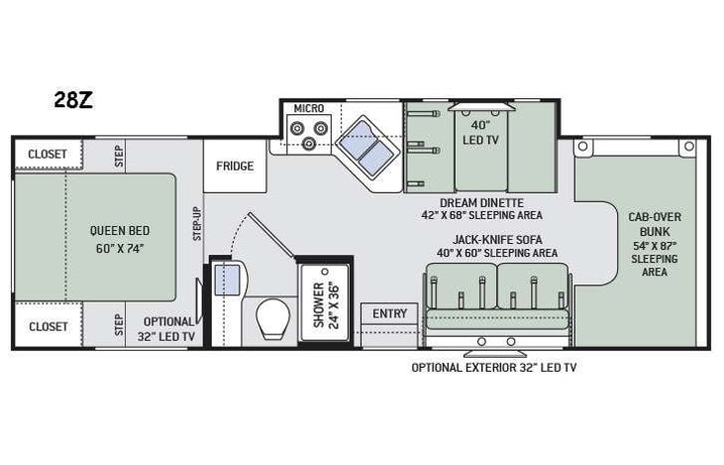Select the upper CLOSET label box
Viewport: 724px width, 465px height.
pos(48,154)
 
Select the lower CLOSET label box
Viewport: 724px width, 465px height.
pos(48,326)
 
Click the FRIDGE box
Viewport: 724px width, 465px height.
pos(235,166)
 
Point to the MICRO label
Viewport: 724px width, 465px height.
pos(309,107)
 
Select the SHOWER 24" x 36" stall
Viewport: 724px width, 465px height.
pos(325,302)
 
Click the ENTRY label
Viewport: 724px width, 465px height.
pos(389,314)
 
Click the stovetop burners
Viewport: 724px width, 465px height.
pos(308,133)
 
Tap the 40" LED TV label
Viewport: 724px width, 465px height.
pos(480,133)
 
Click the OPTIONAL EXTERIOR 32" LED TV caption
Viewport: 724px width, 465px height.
pos(493,367)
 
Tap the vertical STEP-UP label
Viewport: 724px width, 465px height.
pos(197,224)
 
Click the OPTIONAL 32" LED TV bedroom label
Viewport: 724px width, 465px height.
pos(167,327)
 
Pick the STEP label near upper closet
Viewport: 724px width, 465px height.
pos(119,155)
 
